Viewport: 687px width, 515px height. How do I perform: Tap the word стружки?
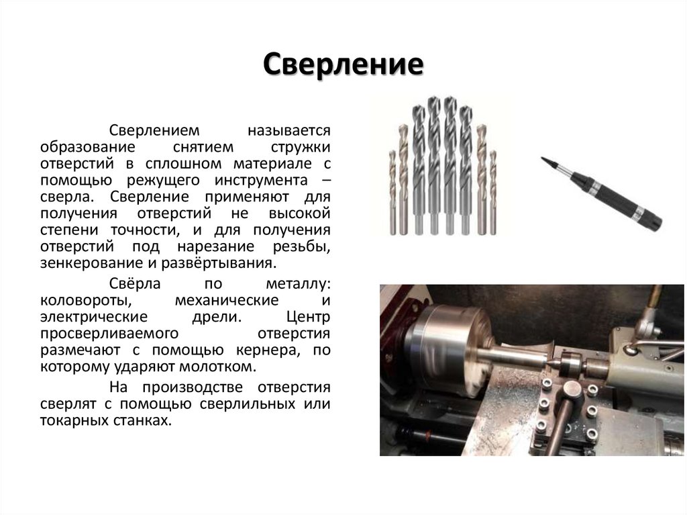(300, 146)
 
